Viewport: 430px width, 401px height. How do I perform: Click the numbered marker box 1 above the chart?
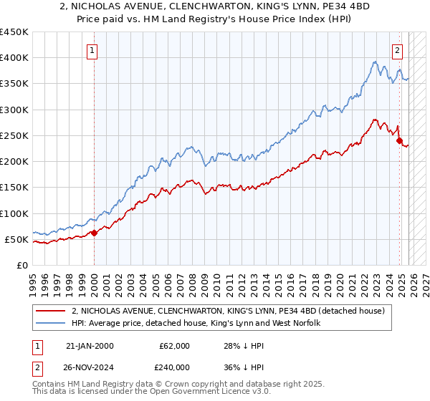point(94,50)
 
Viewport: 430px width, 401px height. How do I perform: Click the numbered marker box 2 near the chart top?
point(398,50)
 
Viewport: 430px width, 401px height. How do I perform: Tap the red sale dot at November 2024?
point(400,141)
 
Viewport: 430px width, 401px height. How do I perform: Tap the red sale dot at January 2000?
point(95,233)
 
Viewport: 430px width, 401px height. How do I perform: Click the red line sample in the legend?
point(52,311)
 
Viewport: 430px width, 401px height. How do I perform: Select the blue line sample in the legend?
point(52,323)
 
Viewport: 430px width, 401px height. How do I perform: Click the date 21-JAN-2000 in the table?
point(89,346)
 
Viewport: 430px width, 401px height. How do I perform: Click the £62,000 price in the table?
point(175,346)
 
